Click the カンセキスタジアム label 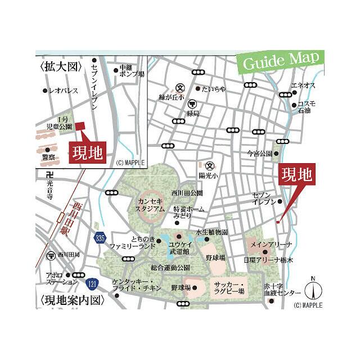[x=150, y=204]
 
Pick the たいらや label [x=214, y=89]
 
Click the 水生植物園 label [x=211, y=232]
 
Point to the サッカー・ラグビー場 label [x=229, y=289]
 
